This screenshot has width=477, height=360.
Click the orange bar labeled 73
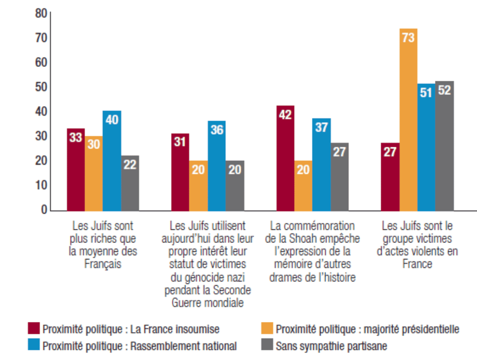408,119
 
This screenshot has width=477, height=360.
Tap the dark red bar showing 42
285,158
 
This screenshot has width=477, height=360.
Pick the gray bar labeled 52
444,146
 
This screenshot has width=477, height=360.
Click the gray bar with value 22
130,183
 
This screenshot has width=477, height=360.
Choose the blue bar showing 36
217,165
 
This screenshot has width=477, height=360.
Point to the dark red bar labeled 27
390,176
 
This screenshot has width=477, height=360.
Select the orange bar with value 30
94,173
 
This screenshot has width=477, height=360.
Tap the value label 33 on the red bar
76,138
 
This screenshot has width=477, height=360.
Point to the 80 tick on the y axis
41,14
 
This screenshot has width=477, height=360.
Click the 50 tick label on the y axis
41,87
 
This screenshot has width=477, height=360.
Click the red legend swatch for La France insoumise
34,329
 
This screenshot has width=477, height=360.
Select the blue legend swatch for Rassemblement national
34,345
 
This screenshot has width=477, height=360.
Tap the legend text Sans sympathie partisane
331,345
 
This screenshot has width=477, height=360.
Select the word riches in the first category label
101,239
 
